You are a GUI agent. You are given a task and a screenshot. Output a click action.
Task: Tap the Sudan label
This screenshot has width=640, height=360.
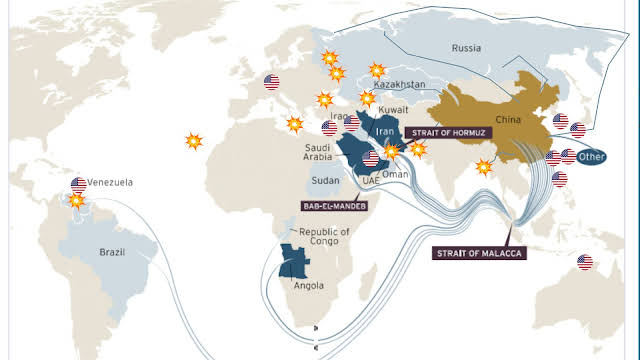pos(326,181)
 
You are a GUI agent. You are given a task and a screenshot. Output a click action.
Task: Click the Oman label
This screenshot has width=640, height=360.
pos(395,174)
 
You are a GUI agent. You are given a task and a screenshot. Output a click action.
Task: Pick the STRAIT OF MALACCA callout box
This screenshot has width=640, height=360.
pos(480,254)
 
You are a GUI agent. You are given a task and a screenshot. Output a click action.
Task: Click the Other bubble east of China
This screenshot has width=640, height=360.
pos(593,156)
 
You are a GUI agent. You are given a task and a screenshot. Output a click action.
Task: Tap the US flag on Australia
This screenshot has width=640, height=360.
pos(585,262)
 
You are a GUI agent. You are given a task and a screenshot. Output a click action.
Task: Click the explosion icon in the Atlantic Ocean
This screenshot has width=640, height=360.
pos(193,141)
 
